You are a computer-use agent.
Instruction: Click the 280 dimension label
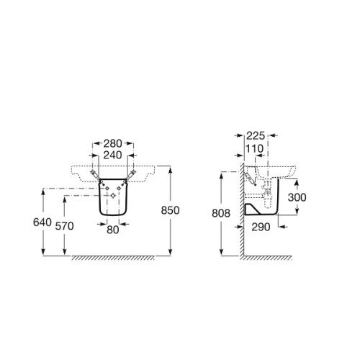(x=112, y=144)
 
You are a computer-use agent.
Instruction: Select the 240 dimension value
(x=112, y=156)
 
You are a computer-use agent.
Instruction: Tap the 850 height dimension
(x=170, y=210)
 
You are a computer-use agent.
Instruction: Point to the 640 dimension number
(x=42, y=222)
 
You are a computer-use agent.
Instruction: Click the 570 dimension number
(x=64, y=226)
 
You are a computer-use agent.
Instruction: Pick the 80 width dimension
(x=113, y=230)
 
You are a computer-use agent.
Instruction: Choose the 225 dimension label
(x=256, y=136)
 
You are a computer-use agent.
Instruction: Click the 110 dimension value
(x=254, y=149)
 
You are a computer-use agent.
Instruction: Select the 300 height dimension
(x=297, y=197)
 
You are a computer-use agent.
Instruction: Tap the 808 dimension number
(x=221, y=213)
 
